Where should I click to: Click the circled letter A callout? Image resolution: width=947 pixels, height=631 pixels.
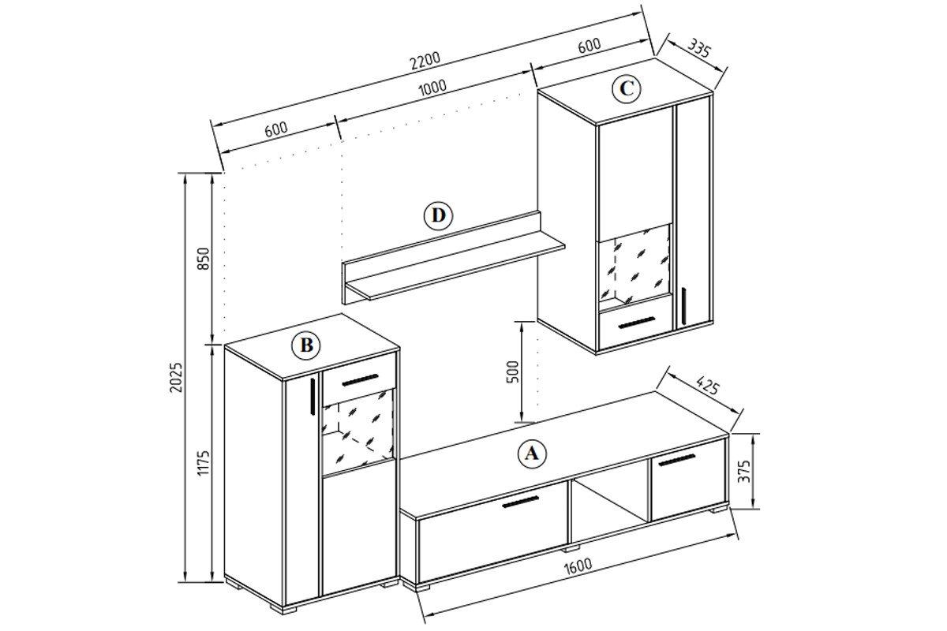532,454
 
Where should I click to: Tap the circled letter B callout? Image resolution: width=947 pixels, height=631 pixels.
306,345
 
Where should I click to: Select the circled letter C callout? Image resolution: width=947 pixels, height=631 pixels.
627,89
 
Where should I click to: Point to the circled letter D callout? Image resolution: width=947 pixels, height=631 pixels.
439,215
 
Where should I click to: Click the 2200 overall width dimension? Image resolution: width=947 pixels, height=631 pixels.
425,62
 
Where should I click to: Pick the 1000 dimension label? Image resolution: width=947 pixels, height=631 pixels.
432,88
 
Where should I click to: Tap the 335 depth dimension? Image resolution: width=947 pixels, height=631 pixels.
699,48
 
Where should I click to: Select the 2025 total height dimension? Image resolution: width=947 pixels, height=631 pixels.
175,377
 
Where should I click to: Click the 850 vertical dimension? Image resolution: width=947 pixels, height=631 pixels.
204,259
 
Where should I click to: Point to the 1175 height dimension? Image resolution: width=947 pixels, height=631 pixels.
204,463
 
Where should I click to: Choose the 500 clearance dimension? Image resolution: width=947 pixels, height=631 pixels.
512,372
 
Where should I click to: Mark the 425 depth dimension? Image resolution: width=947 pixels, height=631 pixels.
707,386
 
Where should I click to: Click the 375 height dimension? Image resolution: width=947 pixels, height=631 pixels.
743,471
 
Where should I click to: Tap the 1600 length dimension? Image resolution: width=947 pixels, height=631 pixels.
578,567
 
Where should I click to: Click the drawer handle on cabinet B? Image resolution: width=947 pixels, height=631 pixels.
360,379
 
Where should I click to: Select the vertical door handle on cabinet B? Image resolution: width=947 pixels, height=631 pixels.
312,395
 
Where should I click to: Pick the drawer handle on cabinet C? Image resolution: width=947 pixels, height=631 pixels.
636,322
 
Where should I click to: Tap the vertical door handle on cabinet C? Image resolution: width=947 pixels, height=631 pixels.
683,306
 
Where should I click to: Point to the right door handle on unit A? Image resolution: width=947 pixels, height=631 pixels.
677,460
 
